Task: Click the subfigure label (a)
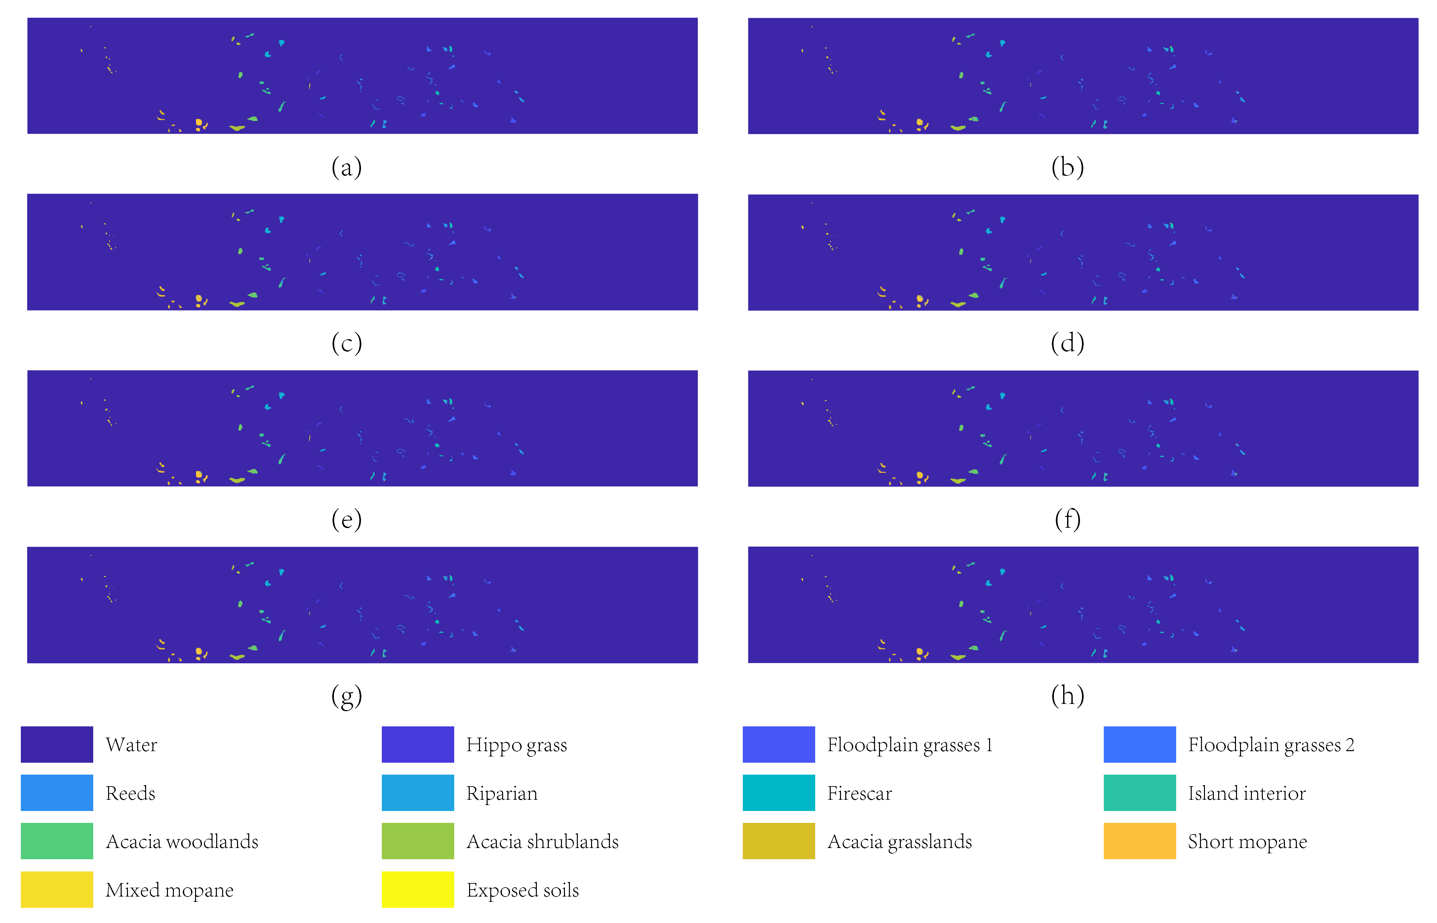coord(346,167)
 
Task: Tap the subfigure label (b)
coord(1067,167)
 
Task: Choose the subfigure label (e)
coord(346,519)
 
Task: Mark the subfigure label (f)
coord(1067,519)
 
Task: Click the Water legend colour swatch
coord(57,745)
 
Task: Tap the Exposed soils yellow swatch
coord(418,889)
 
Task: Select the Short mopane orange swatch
coord(1139,841)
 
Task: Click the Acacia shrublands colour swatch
coord(418,841)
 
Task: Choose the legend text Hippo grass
coord(516,745)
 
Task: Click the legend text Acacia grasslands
coord(899,841)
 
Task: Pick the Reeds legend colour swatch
coord(57,792)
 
